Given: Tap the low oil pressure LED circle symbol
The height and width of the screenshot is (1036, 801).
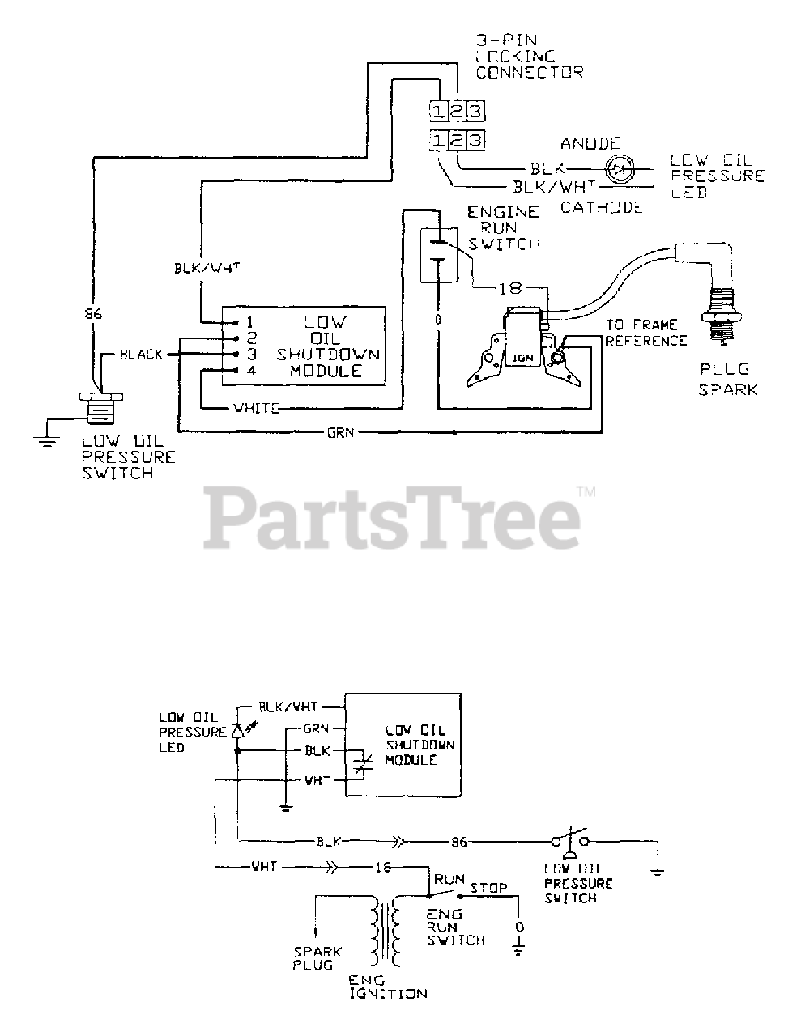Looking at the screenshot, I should click(622, 170).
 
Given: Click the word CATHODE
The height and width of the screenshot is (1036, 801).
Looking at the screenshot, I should click(601, 207).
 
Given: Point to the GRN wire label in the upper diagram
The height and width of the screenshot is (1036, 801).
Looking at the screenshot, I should click(339, 432).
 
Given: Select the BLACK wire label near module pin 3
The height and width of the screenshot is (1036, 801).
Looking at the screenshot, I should click(141, 355).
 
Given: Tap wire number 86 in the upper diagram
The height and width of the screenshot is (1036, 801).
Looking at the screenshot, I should click(94, 313).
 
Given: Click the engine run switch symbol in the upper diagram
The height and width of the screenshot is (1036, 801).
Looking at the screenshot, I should click(438, 255).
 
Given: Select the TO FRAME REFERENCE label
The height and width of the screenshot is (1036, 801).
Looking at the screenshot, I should click(645, 333).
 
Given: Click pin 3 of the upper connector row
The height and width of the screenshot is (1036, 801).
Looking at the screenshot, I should click(476, 109).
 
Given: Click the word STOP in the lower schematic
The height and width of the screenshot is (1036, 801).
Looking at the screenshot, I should click(488, 888).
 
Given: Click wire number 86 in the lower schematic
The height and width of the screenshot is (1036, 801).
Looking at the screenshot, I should click(458, 843).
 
